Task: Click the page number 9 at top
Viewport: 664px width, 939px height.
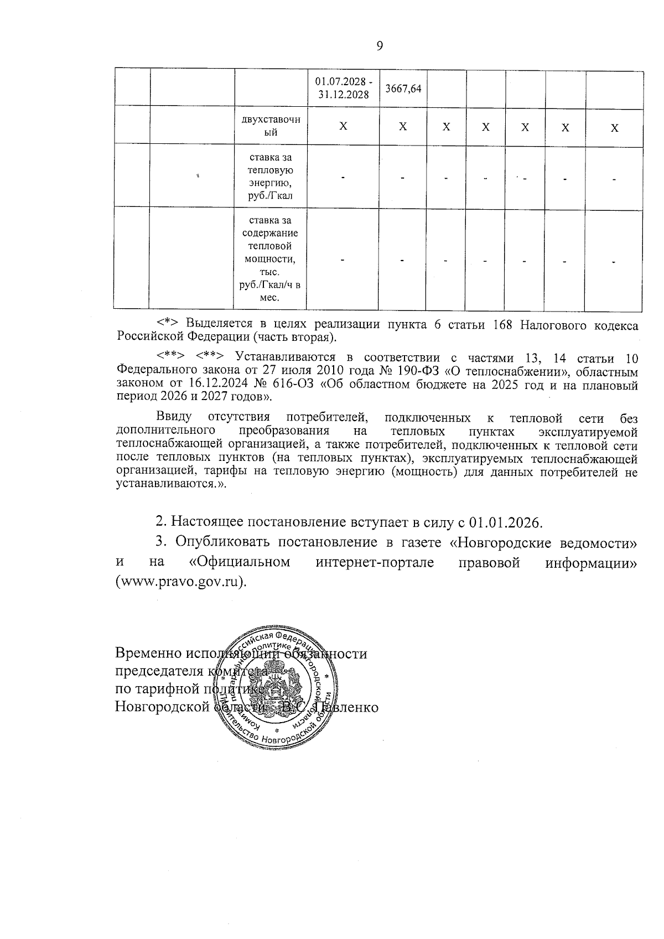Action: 380,46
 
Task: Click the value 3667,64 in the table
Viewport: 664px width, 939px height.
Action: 403,89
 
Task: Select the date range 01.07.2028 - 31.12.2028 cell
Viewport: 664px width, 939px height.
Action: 344,88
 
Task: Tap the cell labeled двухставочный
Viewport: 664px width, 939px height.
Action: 271,126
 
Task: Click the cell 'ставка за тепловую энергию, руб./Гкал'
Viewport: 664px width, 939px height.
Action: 271,176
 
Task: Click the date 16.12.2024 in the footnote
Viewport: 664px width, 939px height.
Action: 210,383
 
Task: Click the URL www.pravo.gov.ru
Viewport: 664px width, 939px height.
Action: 178,583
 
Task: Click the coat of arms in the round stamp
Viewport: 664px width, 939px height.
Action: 280,686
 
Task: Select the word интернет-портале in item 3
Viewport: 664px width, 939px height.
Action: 375,562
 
